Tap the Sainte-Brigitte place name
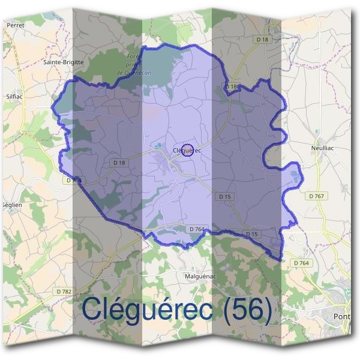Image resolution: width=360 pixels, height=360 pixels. [64, 62]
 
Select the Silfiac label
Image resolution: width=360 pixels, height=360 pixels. [13, 95]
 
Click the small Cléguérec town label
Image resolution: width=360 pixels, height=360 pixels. [187, 151]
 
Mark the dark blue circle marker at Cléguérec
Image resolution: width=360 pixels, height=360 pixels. [187, 150]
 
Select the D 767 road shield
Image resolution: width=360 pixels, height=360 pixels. [317, 196]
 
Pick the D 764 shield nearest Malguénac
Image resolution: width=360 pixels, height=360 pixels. [197, 229]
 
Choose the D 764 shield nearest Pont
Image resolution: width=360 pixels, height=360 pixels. [301, 263]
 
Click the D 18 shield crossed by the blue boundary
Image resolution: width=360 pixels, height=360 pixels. [232, 87]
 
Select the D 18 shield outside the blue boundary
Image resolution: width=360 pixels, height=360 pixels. [262, 40]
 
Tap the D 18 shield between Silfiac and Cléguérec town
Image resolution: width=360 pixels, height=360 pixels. [119, 163]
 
